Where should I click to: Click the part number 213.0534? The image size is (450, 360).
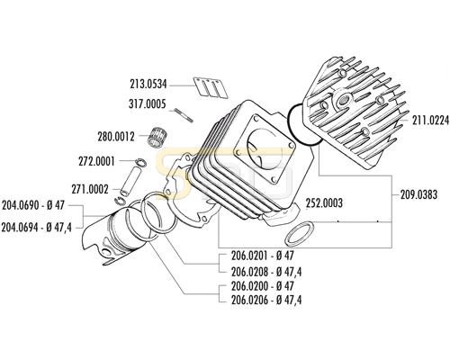tap(148, 84)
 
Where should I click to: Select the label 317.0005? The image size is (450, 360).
tap(147, 104)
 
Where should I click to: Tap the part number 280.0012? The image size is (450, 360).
tap(116, 137)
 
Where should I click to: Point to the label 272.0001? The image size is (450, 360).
tap(96, 162)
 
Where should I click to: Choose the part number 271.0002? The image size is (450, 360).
tap(90, 189)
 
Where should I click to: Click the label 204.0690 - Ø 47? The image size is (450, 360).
tap(33, 205)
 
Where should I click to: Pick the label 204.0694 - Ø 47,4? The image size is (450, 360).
tap(37, 228)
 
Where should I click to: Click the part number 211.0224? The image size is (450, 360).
tap(430, 121)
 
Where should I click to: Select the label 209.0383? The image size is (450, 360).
tap(418, 194)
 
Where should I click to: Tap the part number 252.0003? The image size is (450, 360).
tap(324, 203)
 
